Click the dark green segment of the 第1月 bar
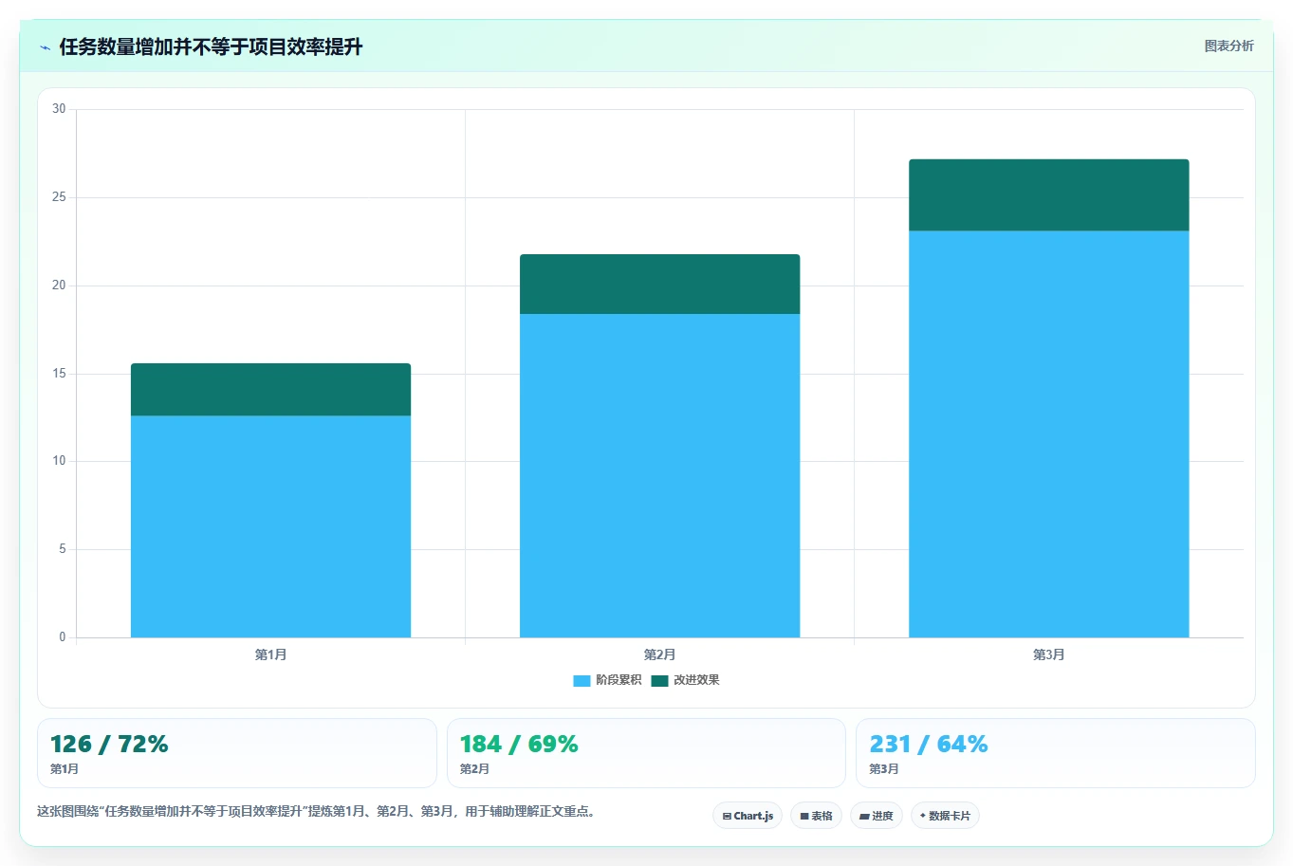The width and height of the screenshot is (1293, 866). click(270, 390)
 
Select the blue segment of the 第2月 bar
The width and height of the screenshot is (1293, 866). click(659, 476)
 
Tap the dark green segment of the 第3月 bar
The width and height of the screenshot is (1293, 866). click(1049, 195)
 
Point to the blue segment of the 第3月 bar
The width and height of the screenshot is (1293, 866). click(1049, 434)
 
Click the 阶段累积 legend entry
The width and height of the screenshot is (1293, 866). click(607, 680)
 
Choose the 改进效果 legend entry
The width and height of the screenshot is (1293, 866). click(685, 680)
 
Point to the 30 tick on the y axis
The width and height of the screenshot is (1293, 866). click(59, 108)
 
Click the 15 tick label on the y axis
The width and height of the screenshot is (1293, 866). click(59, 373)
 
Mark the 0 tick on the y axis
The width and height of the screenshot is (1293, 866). click(63, 636)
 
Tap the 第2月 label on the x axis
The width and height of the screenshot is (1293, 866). click(659, 654)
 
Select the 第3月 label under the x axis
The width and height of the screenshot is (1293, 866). click(1049, 654)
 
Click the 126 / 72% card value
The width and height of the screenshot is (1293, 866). click(109, 745)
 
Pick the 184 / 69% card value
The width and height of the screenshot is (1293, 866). click(519, 745)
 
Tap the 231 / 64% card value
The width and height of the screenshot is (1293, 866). click(929, 745)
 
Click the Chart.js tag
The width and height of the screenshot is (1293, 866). click(748, 816)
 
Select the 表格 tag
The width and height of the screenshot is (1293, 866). click(816, 816)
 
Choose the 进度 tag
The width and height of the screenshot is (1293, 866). click(877, 816)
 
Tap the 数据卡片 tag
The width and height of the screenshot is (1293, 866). click(945, 816)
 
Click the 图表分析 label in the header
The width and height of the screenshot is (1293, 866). click(1228, 46)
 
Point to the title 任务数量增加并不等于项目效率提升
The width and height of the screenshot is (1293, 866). click(211, 46)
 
